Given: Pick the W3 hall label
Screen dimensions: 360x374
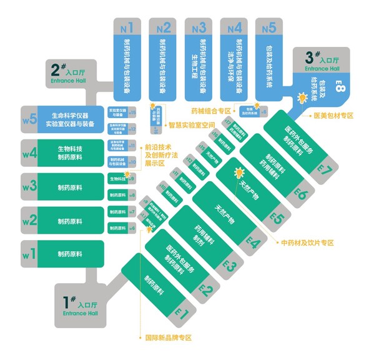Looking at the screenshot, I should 29,186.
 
